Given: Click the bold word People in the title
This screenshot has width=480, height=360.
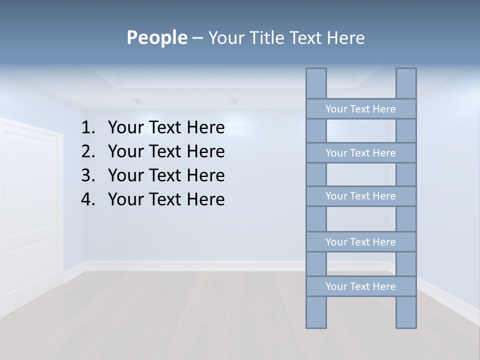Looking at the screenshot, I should tap(156, 37).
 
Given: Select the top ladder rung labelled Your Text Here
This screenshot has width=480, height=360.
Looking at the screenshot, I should tap(360, 109).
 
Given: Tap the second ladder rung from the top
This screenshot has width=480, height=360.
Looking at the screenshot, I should tap(360, 153).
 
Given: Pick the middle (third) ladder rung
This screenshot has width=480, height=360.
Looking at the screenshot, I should tap(360, 196).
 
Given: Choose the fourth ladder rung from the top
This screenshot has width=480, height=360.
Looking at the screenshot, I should tap(360, 242).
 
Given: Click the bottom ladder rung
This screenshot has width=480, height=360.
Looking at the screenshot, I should tap(360, 286).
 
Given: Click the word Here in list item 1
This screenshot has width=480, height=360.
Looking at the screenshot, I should tap(205, 128).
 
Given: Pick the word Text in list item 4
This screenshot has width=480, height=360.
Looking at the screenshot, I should tap(164, 200).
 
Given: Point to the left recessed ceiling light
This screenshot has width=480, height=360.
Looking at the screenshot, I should tap(138, 101).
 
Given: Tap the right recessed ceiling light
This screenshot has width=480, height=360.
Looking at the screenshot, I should tap(234, 101).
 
